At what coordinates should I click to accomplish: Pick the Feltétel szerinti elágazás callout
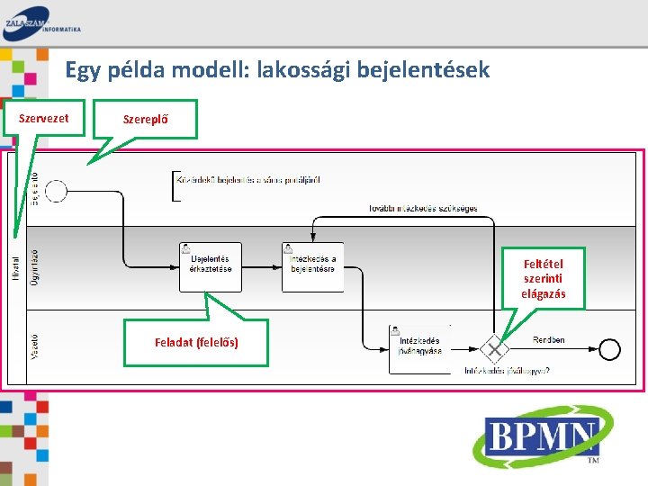pos(543,279)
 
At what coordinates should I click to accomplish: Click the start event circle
pos(57,191)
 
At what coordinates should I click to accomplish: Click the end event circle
pos(608,348)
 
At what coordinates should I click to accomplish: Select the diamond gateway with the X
pos(494,348)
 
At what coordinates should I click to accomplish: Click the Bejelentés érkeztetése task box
pos(211,267)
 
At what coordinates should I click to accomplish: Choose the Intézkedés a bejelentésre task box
pos(312,267)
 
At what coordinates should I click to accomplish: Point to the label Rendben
pos(549,339)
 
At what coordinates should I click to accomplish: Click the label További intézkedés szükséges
pos(423,209)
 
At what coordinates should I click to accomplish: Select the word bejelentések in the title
pos(423,69)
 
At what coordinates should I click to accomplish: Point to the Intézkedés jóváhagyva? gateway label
pos(507,370)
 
